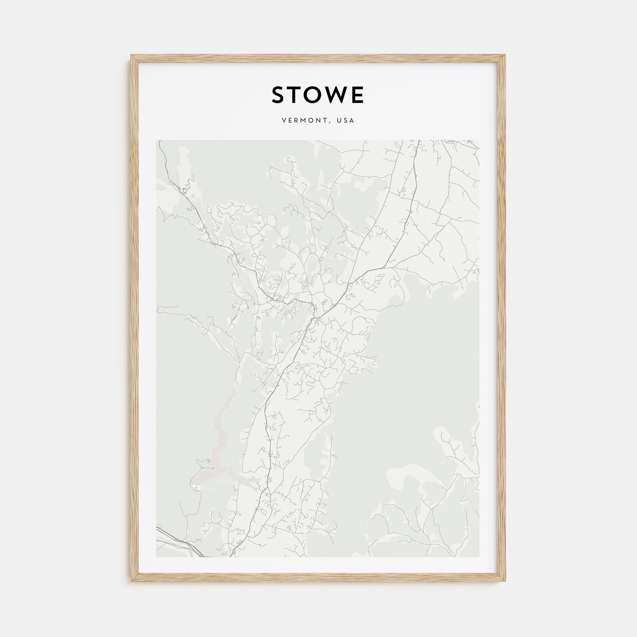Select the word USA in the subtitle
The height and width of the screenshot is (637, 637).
click(345, 121)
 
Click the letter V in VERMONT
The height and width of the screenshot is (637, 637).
click(283, 121)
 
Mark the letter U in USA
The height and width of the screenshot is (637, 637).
click(339, 121)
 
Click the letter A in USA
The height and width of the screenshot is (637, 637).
click(352, 121)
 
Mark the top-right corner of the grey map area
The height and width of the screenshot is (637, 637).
click(479, 140)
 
